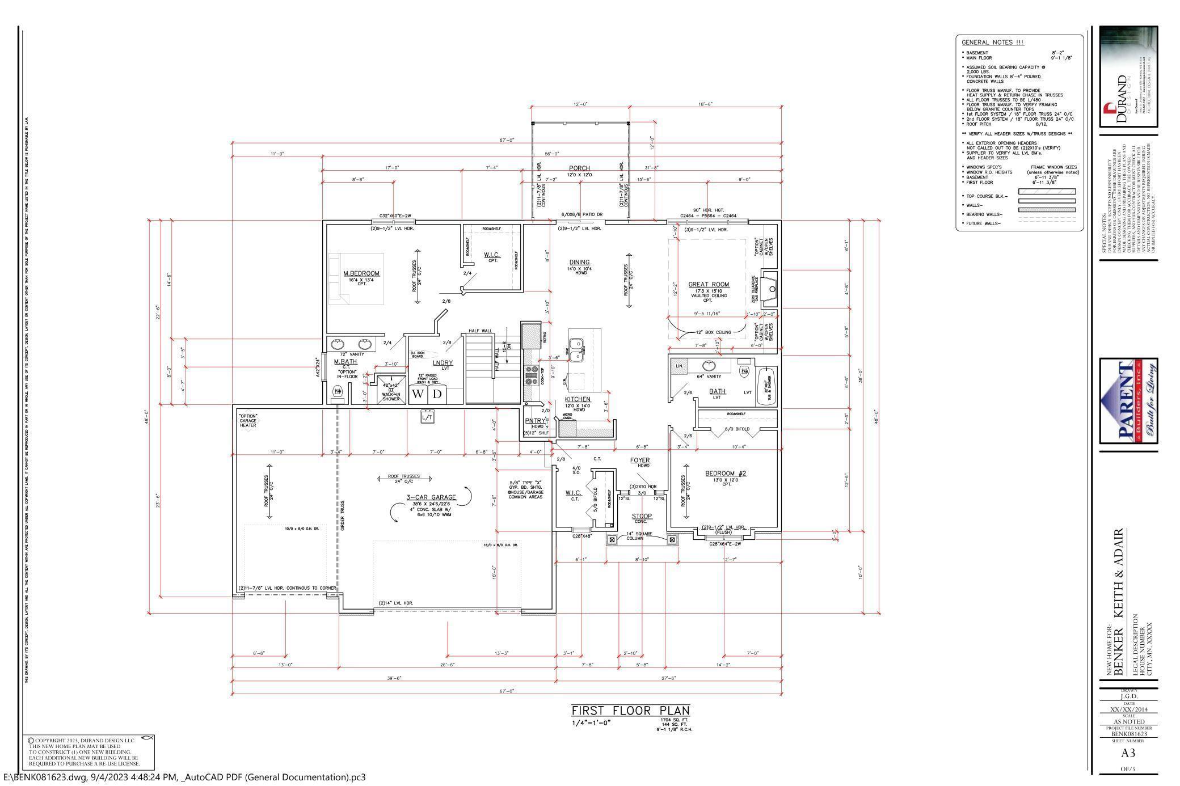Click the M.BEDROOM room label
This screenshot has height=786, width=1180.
[x=361, y=273]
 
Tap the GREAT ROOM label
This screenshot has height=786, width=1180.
[x=709, y=285]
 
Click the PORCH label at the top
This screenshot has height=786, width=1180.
[x=579, y=168]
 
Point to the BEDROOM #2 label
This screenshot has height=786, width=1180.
[x=726, y=474]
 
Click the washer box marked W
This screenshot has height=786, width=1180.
[x=418, y=394]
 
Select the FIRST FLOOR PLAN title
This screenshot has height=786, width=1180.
[x=630, y=711]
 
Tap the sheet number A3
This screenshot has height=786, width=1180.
[x=1128, y=753]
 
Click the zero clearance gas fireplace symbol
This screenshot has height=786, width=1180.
[x=770, y=290]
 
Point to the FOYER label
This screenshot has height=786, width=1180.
[x=640, y=460]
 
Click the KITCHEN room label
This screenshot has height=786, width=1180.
[x=578, y=400]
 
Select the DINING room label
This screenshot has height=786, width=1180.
[x=579, y=263]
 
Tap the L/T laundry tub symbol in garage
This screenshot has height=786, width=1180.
[x=427, y=417]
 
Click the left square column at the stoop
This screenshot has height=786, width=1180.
[x=612, y=540]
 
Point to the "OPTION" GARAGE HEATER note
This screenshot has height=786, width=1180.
[x=248, y=420]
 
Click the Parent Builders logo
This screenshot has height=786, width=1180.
[x=1128, y=400]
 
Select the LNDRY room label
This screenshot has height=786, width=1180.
[x=443, y=363]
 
